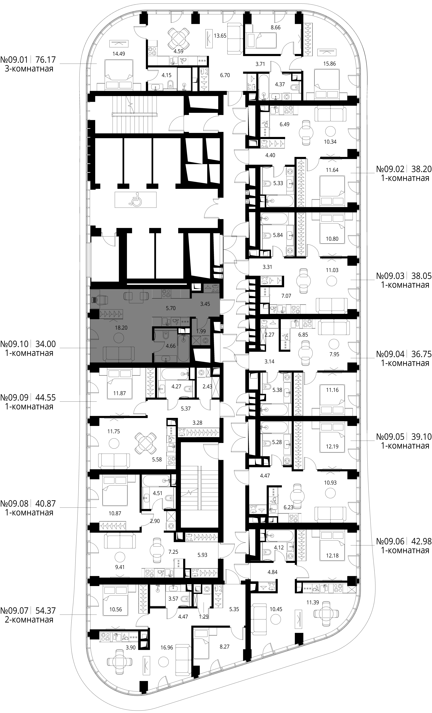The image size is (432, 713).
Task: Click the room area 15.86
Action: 330,64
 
